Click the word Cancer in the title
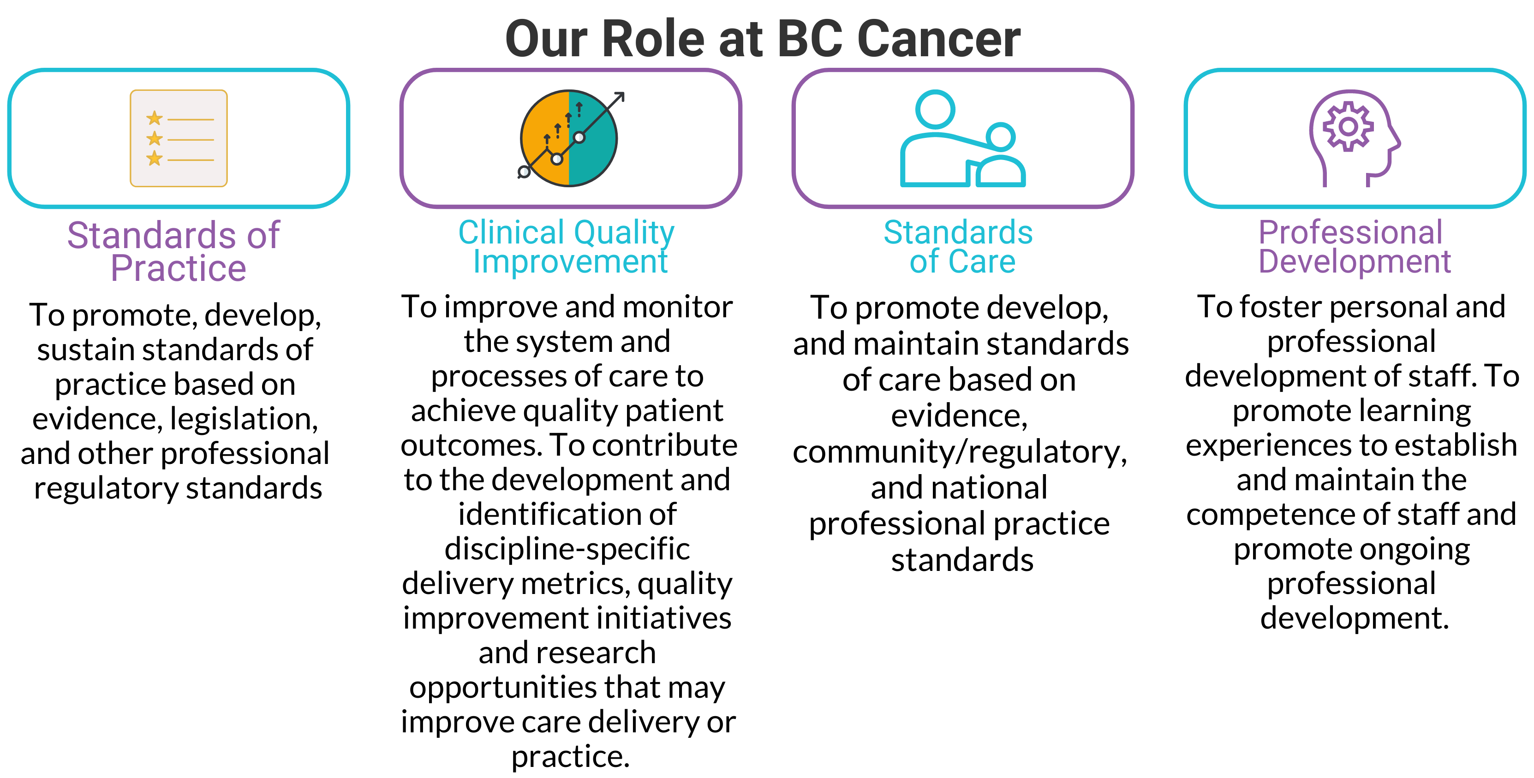tap(938, 39)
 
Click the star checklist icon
tap(179, 138)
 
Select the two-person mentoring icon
tap(962, 138)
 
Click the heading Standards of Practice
tap(174, 251)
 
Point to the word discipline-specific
tap(567, 549)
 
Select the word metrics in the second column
tap(575, 583)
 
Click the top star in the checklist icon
tap(154, 118)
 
